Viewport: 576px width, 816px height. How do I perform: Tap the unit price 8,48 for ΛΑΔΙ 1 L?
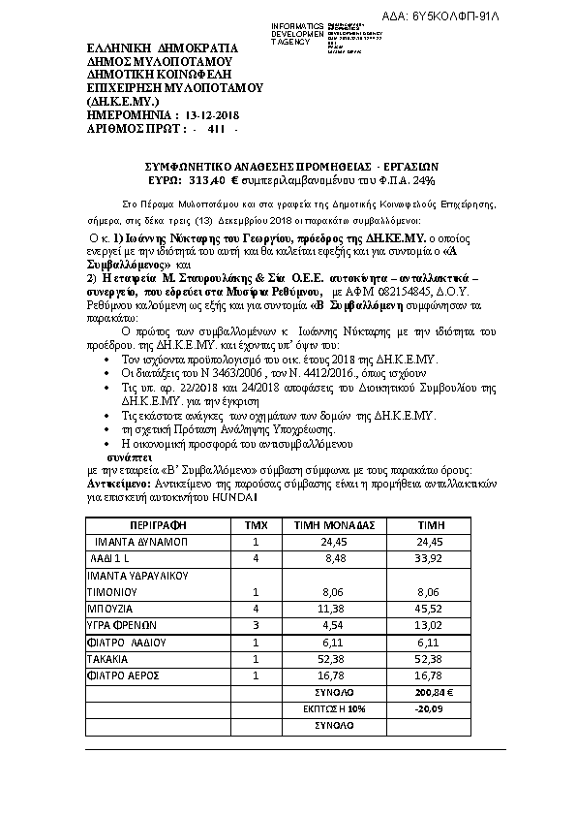coord(328,558)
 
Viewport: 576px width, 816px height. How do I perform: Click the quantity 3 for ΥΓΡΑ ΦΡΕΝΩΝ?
coord(256,625)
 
